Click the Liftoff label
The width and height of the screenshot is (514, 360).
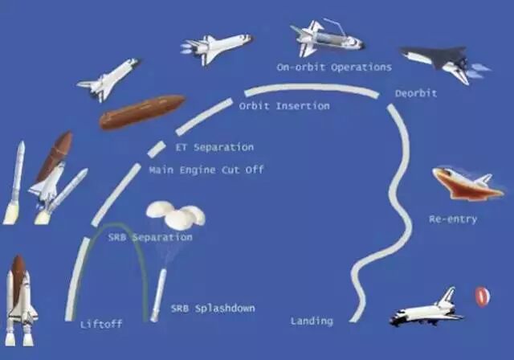pos(100,325)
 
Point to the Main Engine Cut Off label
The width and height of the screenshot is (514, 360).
pos(206,170)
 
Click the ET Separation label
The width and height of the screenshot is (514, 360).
pos(214,147)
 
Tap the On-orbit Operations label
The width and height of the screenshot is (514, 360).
pos(334,67)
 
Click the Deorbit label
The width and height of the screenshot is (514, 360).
pos(416,93)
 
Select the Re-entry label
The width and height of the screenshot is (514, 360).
pos(453,219)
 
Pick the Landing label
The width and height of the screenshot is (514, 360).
pos(312,321)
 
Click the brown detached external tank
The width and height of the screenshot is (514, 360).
pos(141,112)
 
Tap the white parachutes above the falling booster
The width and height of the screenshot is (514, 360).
pos(176,214)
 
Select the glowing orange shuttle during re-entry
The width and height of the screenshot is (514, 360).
pos(467,184)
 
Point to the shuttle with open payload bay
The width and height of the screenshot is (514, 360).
pos(326,39)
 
